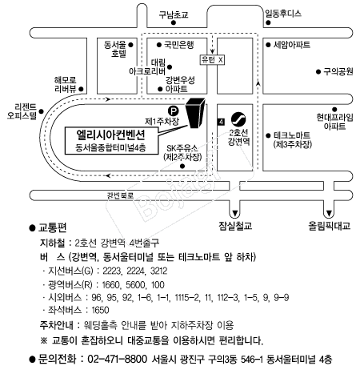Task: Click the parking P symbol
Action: click(173, 111)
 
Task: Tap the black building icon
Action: click(195, 113)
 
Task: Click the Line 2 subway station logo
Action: click(238, 119)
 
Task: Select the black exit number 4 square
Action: click(221, 122)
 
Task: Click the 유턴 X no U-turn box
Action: click(212, 60)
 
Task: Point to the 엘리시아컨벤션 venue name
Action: click(111, 135)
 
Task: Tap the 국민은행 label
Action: click(179, 45)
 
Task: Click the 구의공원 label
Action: click(338, 71)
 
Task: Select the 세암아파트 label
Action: click(292, 45)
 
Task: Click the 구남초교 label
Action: click(174, 14)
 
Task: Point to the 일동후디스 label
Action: click(283, 14)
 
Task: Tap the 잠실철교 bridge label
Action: click(235, 226)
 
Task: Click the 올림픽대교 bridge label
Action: click(329, 226)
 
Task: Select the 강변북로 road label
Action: click(120, 195)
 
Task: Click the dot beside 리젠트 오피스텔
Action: click(41, 111)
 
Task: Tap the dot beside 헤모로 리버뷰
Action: click(82, 89)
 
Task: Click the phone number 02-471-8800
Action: click(118, 359)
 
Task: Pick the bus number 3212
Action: click(158, 271)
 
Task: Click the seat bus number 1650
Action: click(100, 310)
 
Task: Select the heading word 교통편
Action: click(53, 227)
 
